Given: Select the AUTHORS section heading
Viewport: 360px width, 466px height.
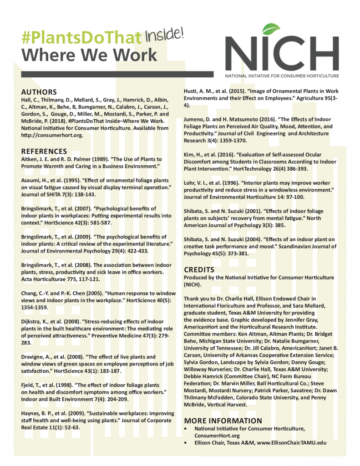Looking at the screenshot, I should (x=39, y=92).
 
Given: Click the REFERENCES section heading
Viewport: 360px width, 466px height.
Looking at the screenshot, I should (x=44, y=151).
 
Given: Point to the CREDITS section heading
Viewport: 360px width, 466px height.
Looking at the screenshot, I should (x=199, y=269).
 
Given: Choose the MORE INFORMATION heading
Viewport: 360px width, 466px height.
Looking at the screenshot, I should (x=223, y=420).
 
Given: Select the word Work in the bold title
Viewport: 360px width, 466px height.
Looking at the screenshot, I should (x=134, y=55).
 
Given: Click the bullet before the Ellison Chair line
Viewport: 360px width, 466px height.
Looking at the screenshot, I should (x=185, y=442).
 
